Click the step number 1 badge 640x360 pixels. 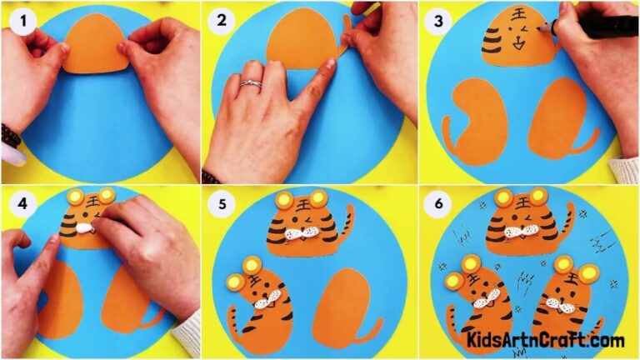coord(17,18)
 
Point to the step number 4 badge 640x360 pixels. coord(17,202)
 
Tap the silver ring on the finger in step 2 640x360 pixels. coord(251,83)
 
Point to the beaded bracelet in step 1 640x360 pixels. coord(10,135)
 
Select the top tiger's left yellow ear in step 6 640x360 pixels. coord(503,197)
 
